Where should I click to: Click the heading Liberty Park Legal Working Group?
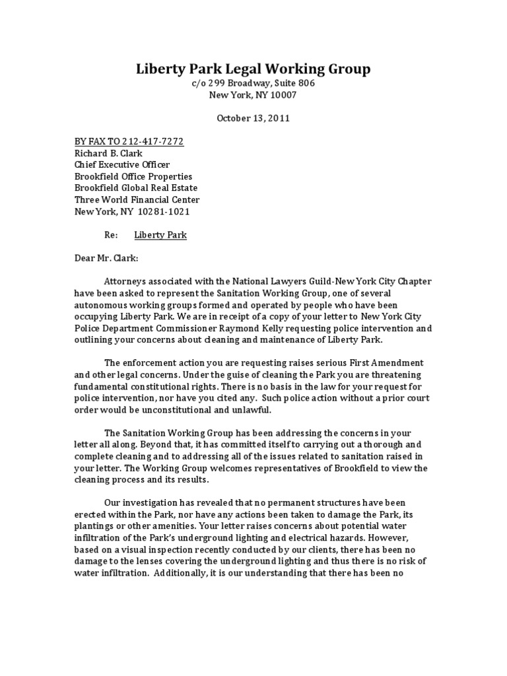coord(253,69)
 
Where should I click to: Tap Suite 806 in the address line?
coord(292,84)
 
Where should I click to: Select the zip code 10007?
coord(281,95)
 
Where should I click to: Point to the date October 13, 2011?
coord(253,119)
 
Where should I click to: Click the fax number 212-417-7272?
coord(151,141)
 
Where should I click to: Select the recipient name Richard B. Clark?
coord(110,153)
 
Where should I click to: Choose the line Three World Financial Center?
coord(137,199)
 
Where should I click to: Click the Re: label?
coord(111,235)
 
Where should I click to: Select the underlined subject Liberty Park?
coord(160,235)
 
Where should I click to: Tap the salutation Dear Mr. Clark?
coord(106,258)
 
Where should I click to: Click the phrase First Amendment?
coord(389,363)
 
